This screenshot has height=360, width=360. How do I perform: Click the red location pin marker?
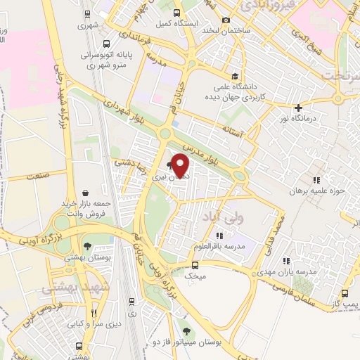(x=181, y=165)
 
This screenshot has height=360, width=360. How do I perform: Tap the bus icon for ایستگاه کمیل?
(x=176, y=13)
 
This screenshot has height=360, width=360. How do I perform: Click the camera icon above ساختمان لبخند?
(x=226, y=20)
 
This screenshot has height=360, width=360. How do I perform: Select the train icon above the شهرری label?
(x=86, y=13)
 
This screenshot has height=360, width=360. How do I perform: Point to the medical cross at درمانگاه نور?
(x=300, y=108)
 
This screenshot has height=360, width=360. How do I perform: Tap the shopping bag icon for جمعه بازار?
(x=85, y=192)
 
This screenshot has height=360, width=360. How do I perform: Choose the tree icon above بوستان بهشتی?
(x=86, y=246)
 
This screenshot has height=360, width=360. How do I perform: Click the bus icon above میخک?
(x=195, y=265)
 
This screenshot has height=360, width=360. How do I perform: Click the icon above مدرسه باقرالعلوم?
(x=220, y=236)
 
